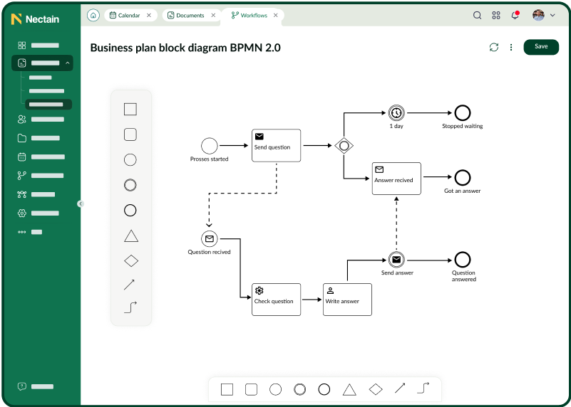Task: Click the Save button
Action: (541, 47)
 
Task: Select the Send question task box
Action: (277, 145)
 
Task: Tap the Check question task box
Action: (277, 300)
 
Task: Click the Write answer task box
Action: (347, 300)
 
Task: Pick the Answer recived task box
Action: (396, 179)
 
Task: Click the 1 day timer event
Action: (396, 113)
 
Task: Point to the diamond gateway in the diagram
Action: (344, 146)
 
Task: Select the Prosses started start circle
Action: (210, 146)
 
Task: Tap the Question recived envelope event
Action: (210, 239)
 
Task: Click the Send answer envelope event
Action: (396, 260)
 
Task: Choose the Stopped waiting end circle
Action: (463, 113)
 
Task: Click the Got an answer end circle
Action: (463, 178)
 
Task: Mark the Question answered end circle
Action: (463, 260)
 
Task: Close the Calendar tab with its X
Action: (148, 15)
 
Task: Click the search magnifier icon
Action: (477, 15)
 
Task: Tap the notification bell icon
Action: (515, 15)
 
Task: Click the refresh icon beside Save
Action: (494, 47)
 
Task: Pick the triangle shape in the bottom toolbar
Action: (349, 390)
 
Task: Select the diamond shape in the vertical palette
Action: (131, 261)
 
